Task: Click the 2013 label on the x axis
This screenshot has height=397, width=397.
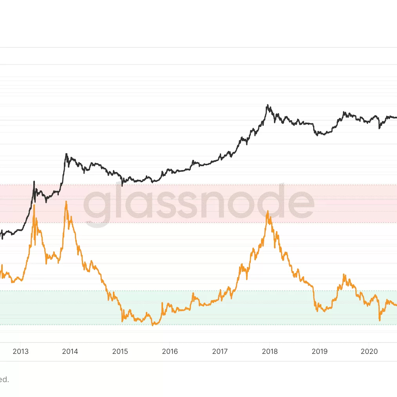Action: pos(20,352)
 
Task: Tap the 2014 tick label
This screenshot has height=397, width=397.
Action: pos(70,352)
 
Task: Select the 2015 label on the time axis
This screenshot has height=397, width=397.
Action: pos(120,352)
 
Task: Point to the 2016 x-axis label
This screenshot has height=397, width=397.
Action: pos(170,352)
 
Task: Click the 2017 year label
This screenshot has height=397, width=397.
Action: pos(220,352)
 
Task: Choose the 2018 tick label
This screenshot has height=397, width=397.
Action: pos(270,352)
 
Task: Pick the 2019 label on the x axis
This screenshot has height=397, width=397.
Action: pos(319,352)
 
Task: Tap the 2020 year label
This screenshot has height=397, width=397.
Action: pos(369,352)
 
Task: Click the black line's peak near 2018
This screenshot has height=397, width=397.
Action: pos(267,105)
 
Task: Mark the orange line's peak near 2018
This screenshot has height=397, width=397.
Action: pos(268,211)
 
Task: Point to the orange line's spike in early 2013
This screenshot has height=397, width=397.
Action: pos(34,205)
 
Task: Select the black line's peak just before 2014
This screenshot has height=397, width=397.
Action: pos(66,154)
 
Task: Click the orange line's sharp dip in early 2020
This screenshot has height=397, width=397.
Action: pos(379,321)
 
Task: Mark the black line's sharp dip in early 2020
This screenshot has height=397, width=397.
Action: pos(379,128)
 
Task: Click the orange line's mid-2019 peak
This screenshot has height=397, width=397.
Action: pos(344,274)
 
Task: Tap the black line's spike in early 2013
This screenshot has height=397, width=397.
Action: pos(34,181)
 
